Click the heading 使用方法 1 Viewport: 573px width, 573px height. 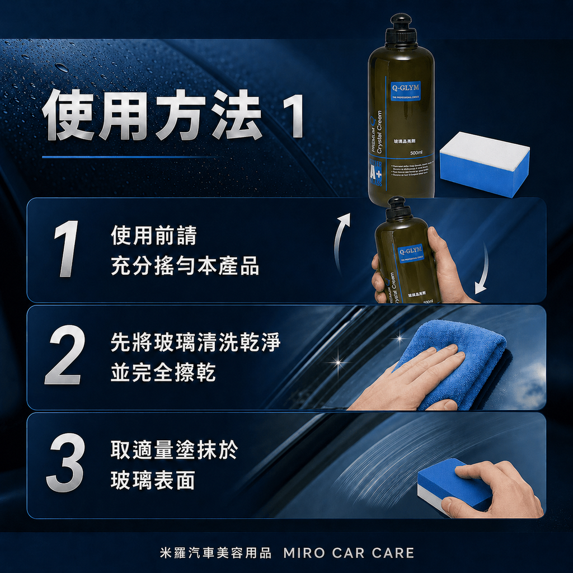tap(173, 116)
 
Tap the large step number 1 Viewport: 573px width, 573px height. tap(66, 249)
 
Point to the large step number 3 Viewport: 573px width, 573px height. tap(65, 465)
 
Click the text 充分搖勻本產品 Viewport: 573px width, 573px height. tap(185, 266)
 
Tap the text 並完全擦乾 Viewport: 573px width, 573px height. tap(163, 373)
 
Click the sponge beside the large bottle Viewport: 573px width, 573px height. tap(485, 163)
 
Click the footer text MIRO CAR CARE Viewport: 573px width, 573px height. tap(349, 553)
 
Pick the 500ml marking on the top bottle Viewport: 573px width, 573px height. tap(416, 153)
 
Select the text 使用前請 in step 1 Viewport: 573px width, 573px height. tap(153, 236)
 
